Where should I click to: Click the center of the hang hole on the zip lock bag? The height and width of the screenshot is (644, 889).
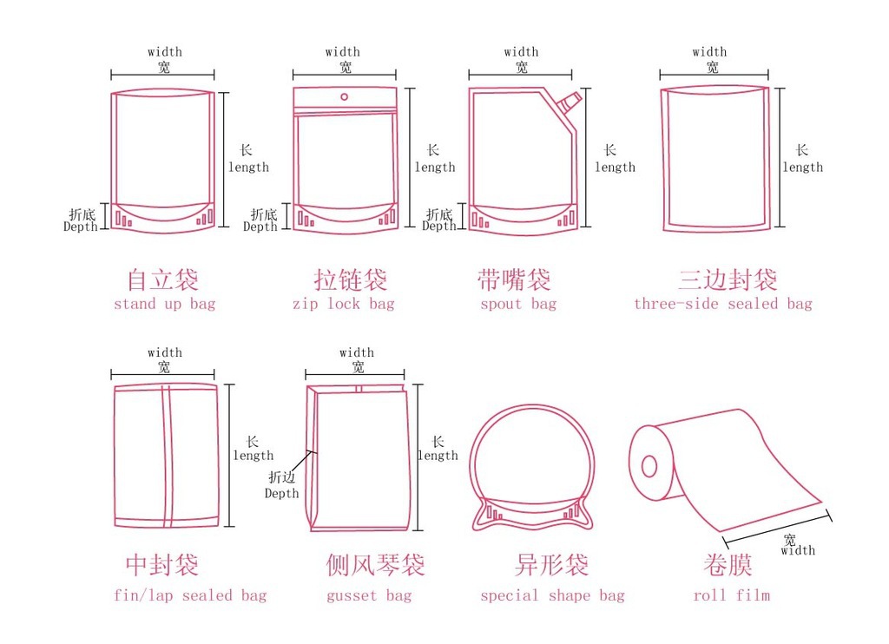344,97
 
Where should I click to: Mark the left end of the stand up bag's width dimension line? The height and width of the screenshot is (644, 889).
111,75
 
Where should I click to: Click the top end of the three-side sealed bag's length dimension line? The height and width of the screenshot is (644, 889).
780,89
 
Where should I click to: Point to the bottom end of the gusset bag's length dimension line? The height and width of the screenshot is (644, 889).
418,530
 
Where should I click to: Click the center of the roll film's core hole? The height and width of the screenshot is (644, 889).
649,467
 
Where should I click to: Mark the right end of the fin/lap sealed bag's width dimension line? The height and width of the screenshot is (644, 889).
214,374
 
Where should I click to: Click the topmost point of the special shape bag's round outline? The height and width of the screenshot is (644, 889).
532,404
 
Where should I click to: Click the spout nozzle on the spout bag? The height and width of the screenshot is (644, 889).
569,102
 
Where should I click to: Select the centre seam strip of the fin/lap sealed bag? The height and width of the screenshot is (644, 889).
167,456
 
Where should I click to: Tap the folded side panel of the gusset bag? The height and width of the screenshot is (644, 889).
312,457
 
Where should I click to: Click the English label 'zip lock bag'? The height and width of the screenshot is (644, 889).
344,305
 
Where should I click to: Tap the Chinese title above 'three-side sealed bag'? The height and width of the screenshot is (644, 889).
728,279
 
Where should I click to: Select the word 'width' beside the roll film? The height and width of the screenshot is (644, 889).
798,550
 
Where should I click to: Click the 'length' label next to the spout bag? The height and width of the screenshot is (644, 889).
616,168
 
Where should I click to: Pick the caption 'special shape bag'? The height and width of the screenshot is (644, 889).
552,595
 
